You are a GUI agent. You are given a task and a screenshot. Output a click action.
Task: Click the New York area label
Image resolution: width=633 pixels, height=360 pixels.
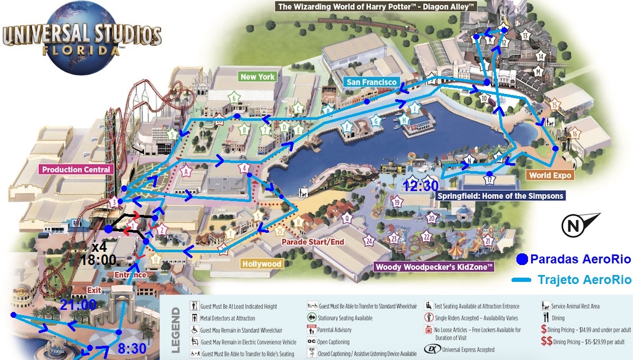coord(257,77)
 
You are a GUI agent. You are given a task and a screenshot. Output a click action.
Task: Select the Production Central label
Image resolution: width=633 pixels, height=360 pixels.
coord(76,169)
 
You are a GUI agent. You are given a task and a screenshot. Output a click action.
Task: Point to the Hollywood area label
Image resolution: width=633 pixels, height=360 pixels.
coord(262,263)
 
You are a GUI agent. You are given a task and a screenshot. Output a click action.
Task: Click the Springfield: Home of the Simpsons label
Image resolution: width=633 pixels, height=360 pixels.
coord(501,196)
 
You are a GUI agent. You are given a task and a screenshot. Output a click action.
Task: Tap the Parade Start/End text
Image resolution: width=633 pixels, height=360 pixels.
coord(312,242)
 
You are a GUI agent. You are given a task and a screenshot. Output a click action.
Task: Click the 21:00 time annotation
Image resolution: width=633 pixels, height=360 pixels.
coord(78,305)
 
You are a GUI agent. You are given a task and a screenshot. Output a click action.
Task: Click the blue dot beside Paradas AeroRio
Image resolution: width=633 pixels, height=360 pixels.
coord(522,259)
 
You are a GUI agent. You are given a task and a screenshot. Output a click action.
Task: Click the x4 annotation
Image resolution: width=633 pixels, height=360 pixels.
coord(99,247)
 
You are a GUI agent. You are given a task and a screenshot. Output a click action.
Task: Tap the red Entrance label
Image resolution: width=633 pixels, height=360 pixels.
coord(130,275)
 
